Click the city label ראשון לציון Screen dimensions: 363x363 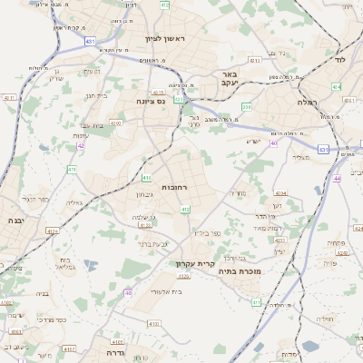164,38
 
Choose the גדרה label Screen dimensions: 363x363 114,352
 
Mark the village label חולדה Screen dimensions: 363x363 331,319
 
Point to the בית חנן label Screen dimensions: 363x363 96,93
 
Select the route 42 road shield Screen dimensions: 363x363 81,145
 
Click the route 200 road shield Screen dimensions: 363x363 246,107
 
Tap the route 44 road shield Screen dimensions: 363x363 337,179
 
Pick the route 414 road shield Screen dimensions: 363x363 337,87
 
